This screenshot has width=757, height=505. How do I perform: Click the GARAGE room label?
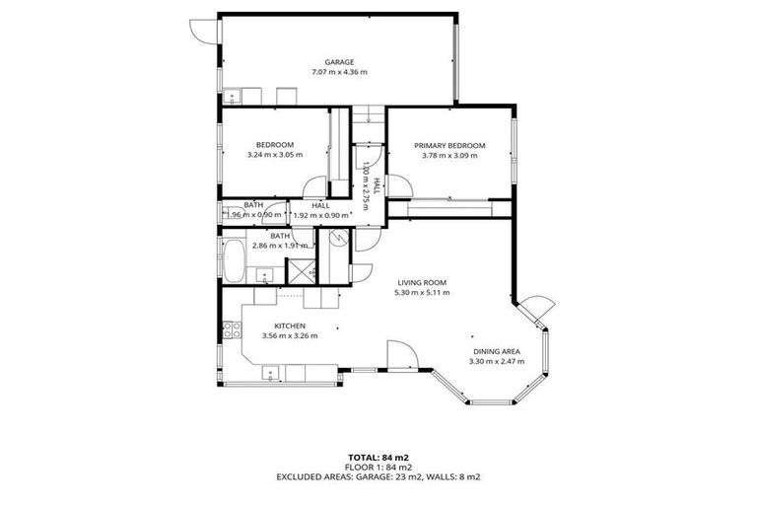(339, 62)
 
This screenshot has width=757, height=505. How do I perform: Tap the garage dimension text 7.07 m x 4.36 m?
(339, 72)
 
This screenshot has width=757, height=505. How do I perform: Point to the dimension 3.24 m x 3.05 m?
(274, 155)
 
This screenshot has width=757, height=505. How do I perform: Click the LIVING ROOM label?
(421, 282)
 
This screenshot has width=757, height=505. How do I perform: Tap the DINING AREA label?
(496, 351)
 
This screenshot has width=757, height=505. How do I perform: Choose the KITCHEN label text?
(290, 325)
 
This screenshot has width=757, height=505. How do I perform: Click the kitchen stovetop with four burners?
(230, 329)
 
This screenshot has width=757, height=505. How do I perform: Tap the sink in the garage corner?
(233, 96)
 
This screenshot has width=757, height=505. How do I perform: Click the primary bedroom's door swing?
(377, 184)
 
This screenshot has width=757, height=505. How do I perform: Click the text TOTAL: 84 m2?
(378, 458)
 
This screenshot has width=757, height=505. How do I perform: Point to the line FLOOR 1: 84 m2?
(378, 468)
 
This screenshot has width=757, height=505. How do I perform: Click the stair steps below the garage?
(368, 113)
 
